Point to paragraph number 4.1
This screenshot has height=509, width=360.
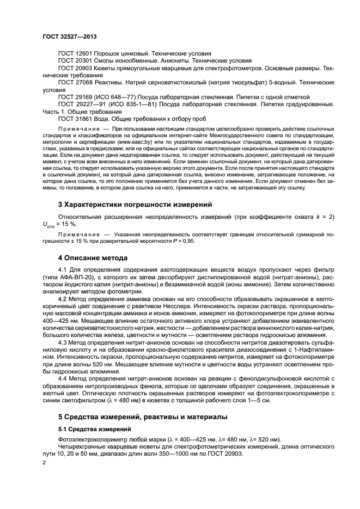pyautogui.click(x=63, y=269)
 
